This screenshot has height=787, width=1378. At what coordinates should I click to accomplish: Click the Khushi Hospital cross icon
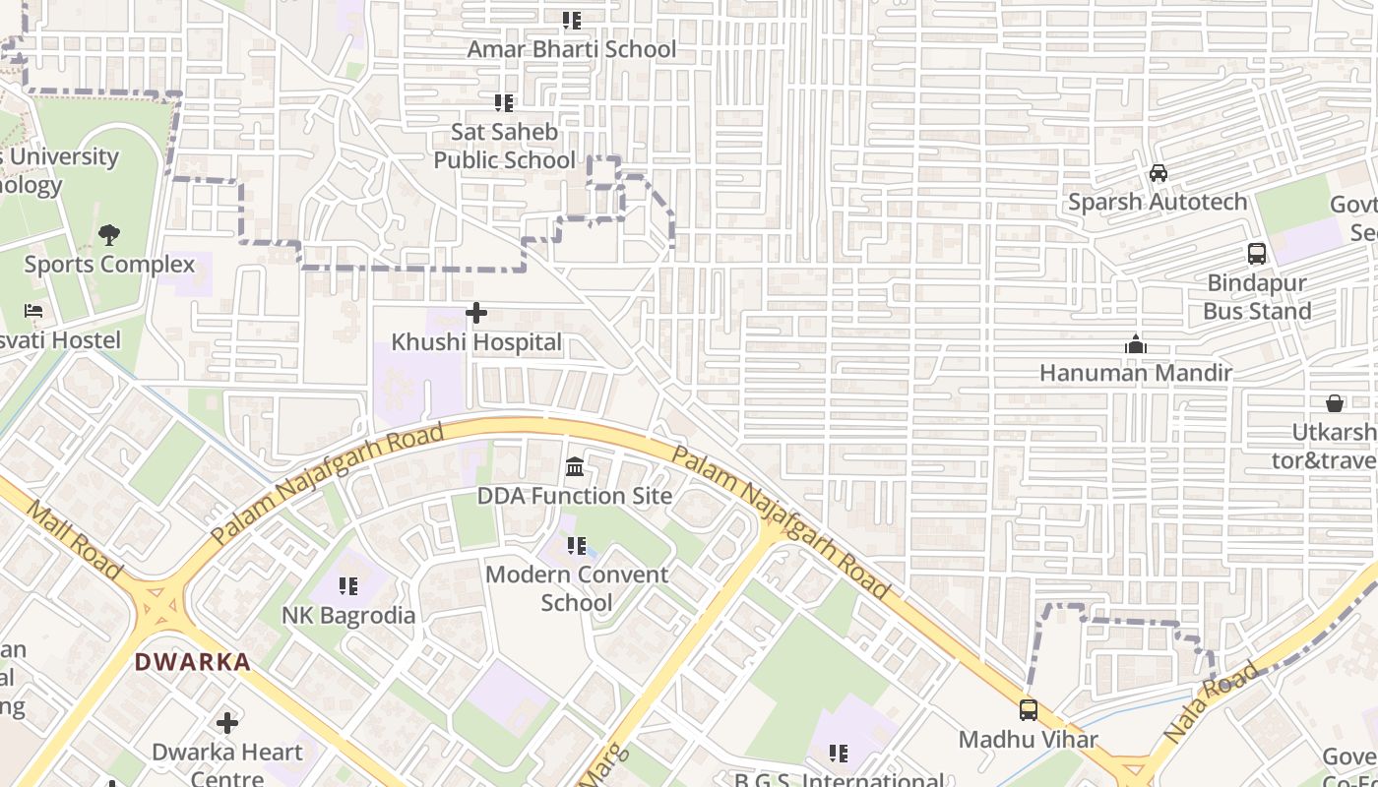click(476, 313)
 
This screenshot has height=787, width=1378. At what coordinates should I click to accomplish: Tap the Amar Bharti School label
click(571, 49)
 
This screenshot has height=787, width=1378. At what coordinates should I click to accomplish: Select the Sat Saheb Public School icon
click(504, 102)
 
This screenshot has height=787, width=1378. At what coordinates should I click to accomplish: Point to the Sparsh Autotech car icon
click(1159, 173)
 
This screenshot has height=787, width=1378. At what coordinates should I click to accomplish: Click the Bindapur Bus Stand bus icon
click(1257, 253)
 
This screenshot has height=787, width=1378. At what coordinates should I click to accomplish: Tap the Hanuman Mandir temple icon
click(1136, 344)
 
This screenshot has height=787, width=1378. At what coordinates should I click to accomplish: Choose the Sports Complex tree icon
click(109, 235)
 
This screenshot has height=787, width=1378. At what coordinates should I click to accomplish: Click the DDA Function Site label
click(575, 496)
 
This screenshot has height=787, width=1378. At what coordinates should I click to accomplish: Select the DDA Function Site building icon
click(575, 466)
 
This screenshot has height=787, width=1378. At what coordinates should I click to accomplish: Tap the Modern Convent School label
click(577, 588)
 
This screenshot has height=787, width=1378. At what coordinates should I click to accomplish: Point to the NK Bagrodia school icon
click(348, 586)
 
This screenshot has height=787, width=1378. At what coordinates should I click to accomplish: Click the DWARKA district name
click(193, 662)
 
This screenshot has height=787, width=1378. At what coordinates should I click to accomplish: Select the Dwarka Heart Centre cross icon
click(227, 723)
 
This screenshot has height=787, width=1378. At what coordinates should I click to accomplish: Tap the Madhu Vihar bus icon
click(1029, 709)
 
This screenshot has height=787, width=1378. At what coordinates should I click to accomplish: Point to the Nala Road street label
click(1210, 702)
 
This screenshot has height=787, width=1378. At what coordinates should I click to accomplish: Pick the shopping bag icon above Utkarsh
click(1335, 403)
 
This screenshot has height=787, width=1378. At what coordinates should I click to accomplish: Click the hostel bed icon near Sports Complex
click(33, 311)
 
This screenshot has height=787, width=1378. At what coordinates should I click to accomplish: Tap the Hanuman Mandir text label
click(1136, 373)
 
